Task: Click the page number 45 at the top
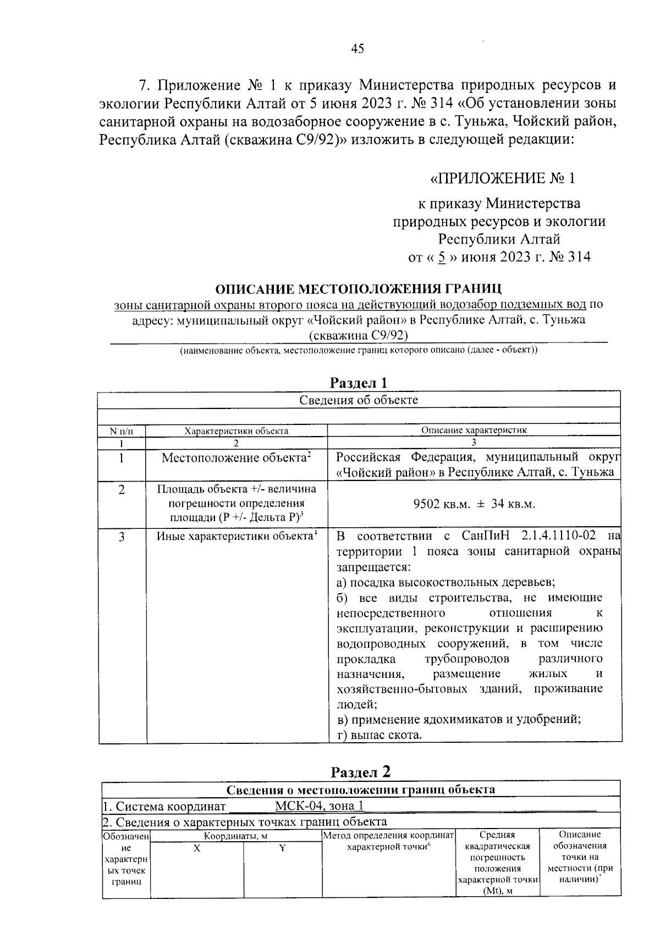[x=358, y=49]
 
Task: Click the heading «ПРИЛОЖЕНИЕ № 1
[x=502, y=179]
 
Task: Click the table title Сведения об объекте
[x=359, y=400]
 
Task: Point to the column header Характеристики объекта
[x=236, y=431]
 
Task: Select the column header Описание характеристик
[x=474, y=430]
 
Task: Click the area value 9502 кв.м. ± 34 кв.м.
[x=474, y=504]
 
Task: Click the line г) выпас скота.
[x=379, y=735]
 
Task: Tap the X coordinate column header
[x=197, y=848]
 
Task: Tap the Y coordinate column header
[x=283, y=848]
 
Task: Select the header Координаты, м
[x=235, y=836]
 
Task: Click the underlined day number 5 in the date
[x=441, y=257]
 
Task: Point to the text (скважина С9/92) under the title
[x=358, y=335]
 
